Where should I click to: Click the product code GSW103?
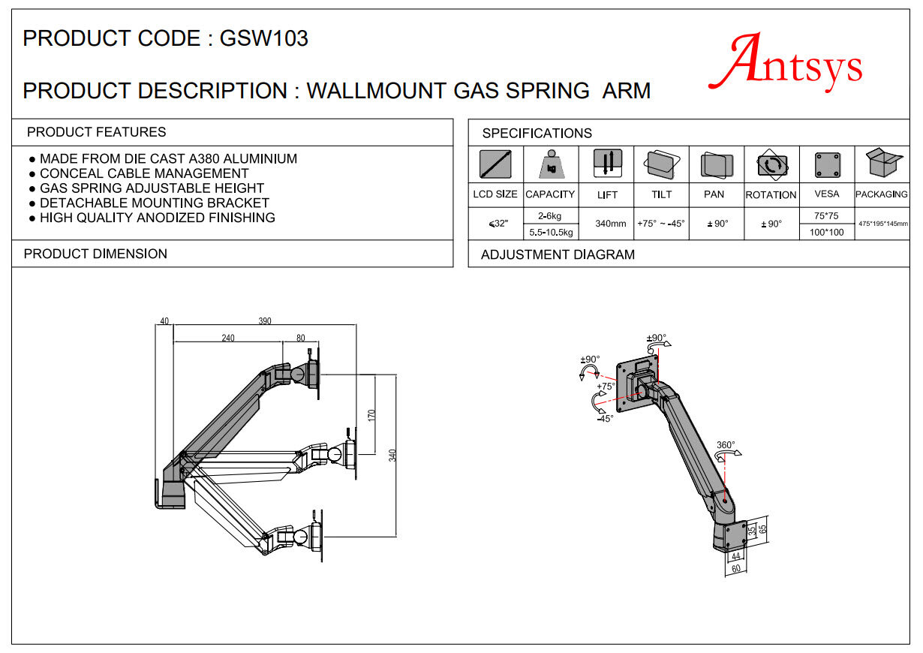pyautogui.click(x=263, y=39)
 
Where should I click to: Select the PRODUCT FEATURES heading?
pyautogui.click(x=96, y=132)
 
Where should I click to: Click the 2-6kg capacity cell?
pyautogui.click(x=550, y=215)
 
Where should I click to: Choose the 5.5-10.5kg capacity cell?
pyautogui.click(x=550, y=232)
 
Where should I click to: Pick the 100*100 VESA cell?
pyautogui.click(x=826, y=232)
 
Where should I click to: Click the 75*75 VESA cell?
pyautogui.click(x=826, y=215)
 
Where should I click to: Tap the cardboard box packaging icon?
pyautogui.click(x=882, y=163)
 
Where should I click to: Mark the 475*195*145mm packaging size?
pyautogui.click(x=882, y=224)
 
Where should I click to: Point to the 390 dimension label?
pyautogui.click(x=265, y=321)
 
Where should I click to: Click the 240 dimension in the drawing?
pyautogui.click(x=227, y=338)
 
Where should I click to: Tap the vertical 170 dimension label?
pyautogui.click(x=371, y=415)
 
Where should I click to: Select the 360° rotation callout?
pyautogui.click(x=726, y=445)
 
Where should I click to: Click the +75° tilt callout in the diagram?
pyautogui.click(x=606, y=387)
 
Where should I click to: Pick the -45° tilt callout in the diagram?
pyautogui.click(x=605, y=419)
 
